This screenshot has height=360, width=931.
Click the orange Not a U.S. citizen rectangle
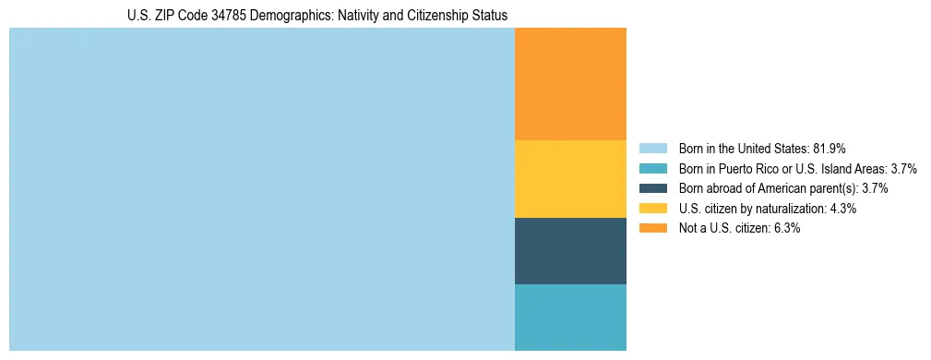[570, 84]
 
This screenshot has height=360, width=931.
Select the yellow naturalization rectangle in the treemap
[570, 179]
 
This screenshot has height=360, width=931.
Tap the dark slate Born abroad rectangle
[570, 251]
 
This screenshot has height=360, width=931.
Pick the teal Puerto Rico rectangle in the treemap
[570, 318]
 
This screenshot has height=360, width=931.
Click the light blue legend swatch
[652, 148]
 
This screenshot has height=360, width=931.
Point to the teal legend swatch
[652, 168]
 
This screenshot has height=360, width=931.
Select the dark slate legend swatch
[652, 188]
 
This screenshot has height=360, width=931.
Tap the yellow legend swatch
[652, 209]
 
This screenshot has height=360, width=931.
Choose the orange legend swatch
[652, 229]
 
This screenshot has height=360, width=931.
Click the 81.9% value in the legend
[830, 148]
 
